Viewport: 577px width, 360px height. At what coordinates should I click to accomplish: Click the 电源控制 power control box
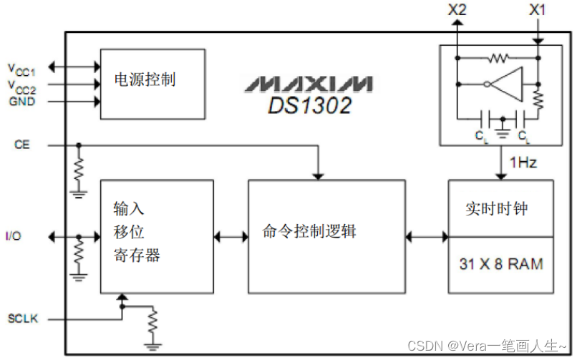[x=152, y=83]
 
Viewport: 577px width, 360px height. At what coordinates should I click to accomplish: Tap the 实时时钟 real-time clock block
[x=500, y=208]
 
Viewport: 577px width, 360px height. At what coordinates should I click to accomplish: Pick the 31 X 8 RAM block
[x=500, y=264]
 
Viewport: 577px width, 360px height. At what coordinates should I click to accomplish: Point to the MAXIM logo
[x=308, y=83]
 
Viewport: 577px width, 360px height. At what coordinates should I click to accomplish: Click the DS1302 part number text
[x=310, y=105]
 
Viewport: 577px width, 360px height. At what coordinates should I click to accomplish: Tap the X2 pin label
[x=457, y=10]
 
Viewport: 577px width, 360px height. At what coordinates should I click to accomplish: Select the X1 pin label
[x=538, y=10]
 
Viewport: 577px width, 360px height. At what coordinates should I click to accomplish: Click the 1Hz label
[x=523, y=163]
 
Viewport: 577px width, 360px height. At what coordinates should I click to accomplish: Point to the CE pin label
[x=22, y=145]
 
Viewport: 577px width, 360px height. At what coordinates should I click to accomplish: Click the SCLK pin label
[x=22, y=318]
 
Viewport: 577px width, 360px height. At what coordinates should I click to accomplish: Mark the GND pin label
[x=22, y=102]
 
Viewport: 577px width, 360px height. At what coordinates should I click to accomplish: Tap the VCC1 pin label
[x=21, y=69]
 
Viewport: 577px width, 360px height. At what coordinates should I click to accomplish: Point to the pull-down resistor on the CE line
[x=79, y=170]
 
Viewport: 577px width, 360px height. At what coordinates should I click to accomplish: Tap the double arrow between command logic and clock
[x=427, y=236]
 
